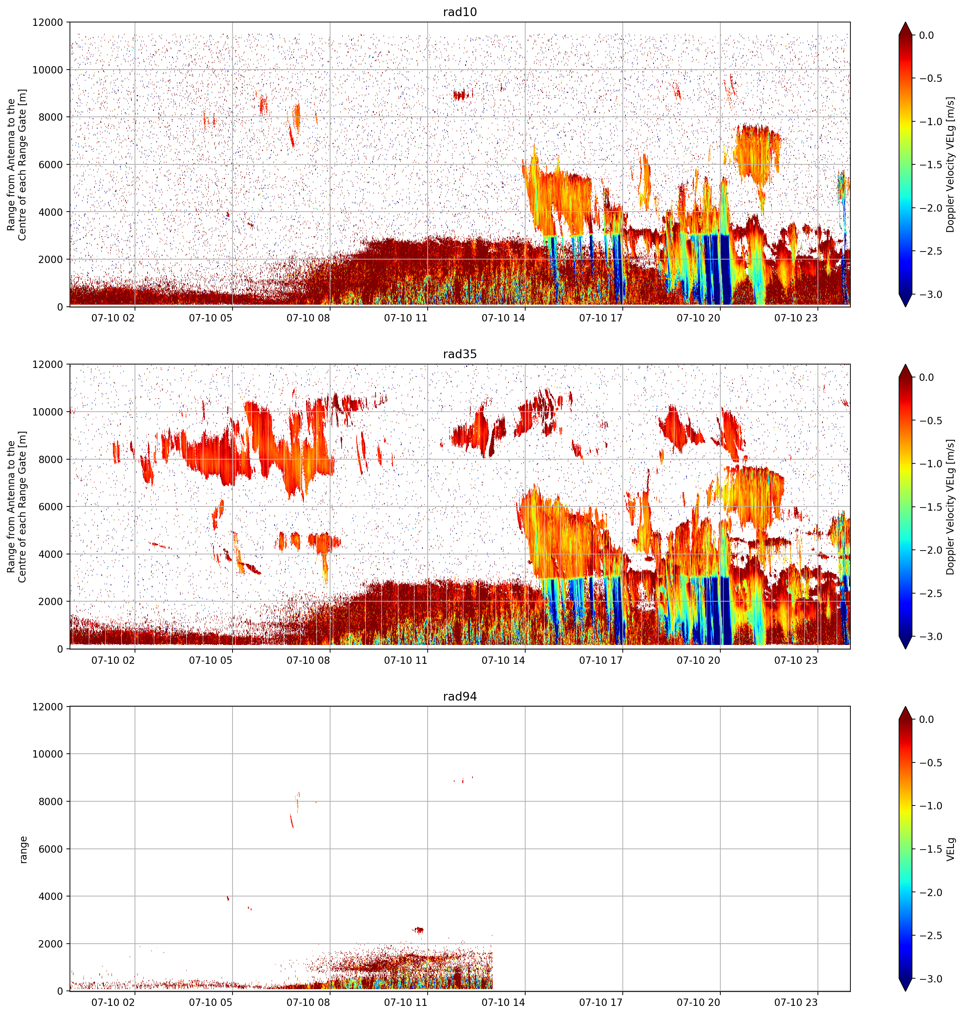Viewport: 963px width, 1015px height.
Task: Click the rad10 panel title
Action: (460, 12)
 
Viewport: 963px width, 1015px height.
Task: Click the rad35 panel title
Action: (460, 354)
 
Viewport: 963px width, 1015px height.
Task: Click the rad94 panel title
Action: (460, 697)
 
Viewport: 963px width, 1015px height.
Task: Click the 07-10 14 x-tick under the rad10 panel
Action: (503, 318)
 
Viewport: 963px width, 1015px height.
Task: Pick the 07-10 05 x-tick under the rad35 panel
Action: (211, 660)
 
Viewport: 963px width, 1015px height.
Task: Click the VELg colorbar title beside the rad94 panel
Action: (951, 849)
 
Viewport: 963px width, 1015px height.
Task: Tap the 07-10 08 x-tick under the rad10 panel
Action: (308, 318)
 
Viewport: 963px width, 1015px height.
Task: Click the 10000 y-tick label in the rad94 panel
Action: (48, 754)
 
